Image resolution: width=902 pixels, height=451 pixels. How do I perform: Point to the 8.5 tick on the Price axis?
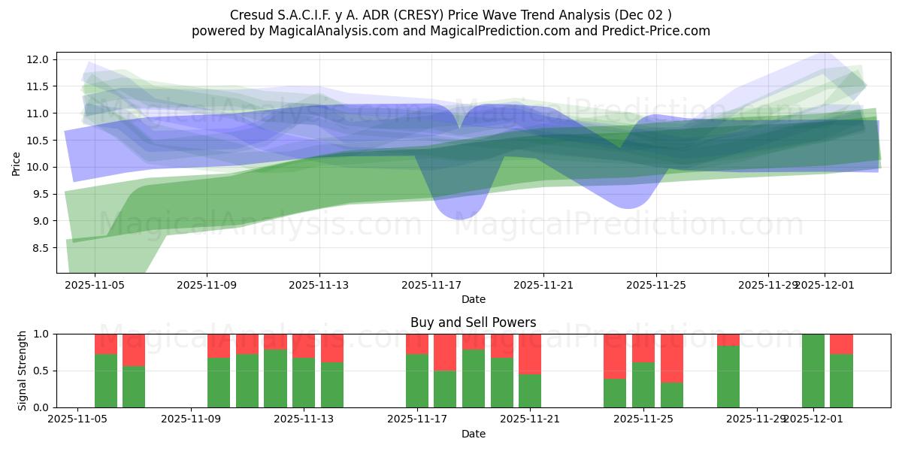coord(42,248)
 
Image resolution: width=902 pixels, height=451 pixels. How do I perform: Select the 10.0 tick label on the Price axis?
coord(39,167)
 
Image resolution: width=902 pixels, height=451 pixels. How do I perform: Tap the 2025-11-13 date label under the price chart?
coord(319,285)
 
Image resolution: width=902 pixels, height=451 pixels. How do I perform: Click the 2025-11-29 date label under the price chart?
coord(768,285)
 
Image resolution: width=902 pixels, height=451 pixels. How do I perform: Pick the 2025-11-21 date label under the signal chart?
coord(531,419)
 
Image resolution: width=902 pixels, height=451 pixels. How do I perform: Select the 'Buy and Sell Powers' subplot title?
coord(473,322)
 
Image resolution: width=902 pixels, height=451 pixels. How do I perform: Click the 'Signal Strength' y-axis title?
coord(23,371)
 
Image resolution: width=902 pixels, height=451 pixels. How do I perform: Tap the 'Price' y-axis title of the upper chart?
coord(17,162)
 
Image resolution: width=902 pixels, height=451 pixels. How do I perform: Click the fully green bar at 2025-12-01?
coord(813,371)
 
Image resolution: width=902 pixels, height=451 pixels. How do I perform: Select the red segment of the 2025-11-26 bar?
coord(672,358)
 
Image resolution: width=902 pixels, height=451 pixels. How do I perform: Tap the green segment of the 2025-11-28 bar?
coord(728,377)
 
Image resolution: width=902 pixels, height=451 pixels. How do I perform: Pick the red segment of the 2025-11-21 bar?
coord(530,353)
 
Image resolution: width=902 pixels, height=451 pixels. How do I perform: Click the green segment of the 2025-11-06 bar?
coord(106,381)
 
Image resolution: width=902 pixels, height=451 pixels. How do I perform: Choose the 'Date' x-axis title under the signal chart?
coord(473,434)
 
